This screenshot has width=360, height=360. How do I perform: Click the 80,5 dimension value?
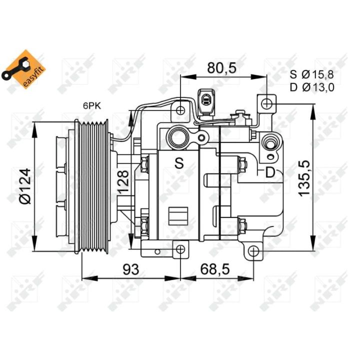click(x=221, y=68)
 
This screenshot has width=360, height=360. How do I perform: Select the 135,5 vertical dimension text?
click(x=304, y=178)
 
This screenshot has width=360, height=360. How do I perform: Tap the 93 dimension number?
click(x=131, y=269)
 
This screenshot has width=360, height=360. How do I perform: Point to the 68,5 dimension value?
click(x=215, y=269)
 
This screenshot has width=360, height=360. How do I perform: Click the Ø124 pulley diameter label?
click(x=25, y=186)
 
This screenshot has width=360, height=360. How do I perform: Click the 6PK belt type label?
click(x=92, y=106)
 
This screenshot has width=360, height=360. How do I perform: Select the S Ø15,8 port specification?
click(x=312, y=74)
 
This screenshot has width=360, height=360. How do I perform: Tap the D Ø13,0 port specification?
click(x=312, y=87)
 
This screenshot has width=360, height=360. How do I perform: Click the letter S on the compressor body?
click(x=179, y=163)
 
